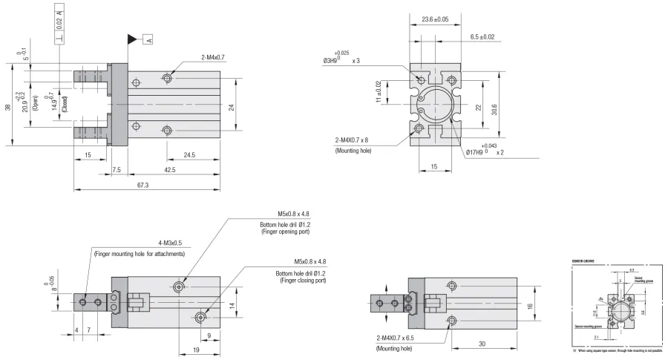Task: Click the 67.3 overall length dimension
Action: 143,185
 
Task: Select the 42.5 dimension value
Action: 170,170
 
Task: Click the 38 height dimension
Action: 7,107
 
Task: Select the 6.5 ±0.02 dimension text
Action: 483,36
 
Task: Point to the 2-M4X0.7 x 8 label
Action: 356,140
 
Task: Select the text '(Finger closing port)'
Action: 304,281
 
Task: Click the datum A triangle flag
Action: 133,39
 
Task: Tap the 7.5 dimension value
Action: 117,170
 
